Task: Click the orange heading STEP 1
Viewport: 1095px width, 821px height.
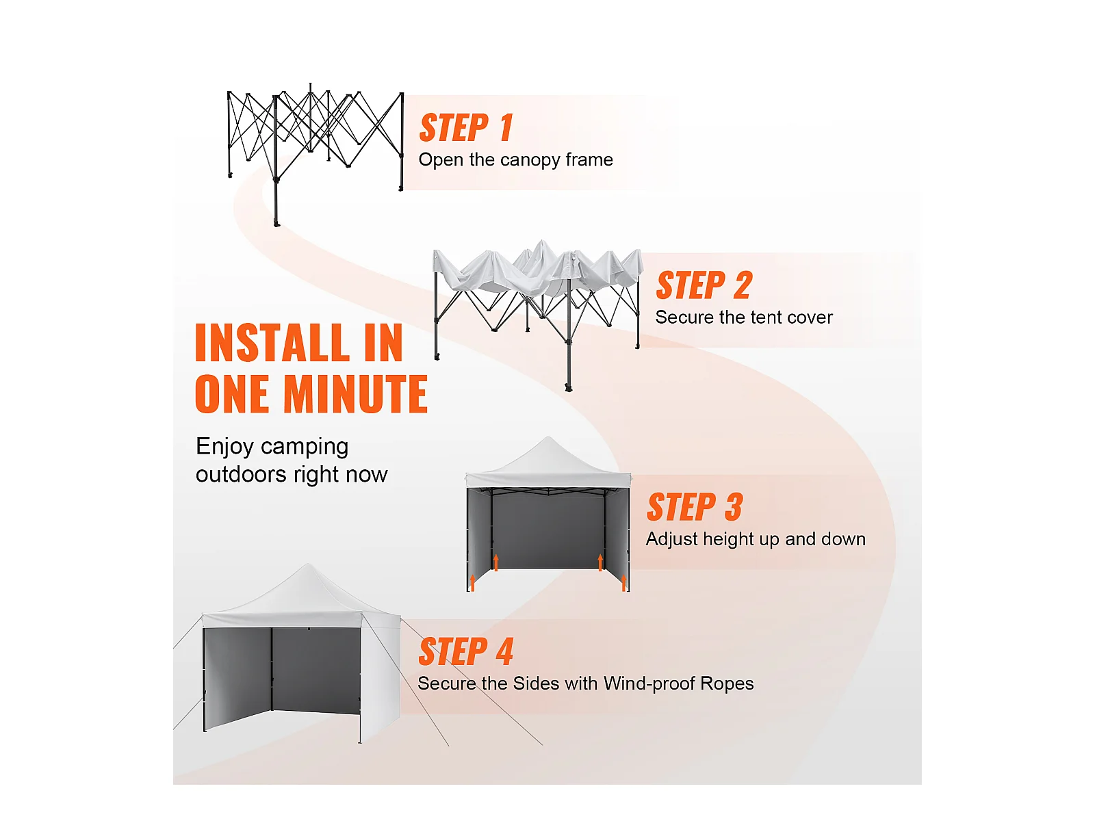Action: [466, 128]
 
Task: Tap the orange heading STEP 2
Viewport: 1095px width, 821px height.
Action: [704, 285]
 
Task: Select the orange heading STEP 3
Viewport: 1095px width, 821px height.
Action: [695, 507]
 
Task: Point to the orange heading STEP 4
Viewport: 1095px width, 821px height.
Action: [466, 651]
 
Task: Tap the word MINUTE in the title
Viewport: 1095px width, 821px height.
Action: [355, 394]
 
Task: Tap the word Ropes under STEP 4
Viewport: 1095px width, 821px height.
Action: [727, 684]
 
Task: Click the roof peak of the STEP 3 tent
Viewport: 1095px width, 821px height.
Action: [549, 437]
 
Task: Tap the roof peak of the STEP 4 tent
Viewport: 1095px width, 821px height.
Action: [308, 564]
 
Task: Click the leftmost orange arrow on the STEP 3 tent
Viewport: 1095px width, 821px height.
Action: [472, 582]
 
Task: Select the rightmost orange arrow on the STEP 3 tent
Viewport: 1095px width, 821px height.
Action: [623, 582]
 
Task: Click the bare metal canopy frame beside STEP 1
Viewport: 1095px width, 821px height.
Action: [315, 144]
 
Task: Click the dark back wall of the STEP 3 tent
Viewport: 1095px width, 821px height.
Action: [548, 531]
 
